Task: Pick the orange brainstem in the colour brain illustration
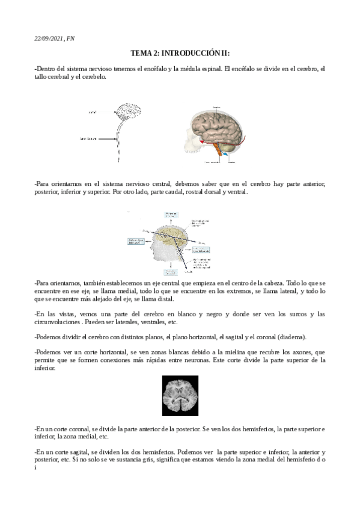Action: (x=217, y=153)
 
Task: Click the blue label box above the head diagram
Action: (x=172, y=215)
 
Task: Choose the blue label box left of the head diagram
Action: (x=136, y=241)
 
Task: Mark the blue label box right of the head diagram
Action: (x=207, y=248)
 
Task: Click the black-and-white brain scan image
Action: (x=180, y=396)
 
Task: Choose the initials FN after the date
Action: (x=71, y=38)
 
